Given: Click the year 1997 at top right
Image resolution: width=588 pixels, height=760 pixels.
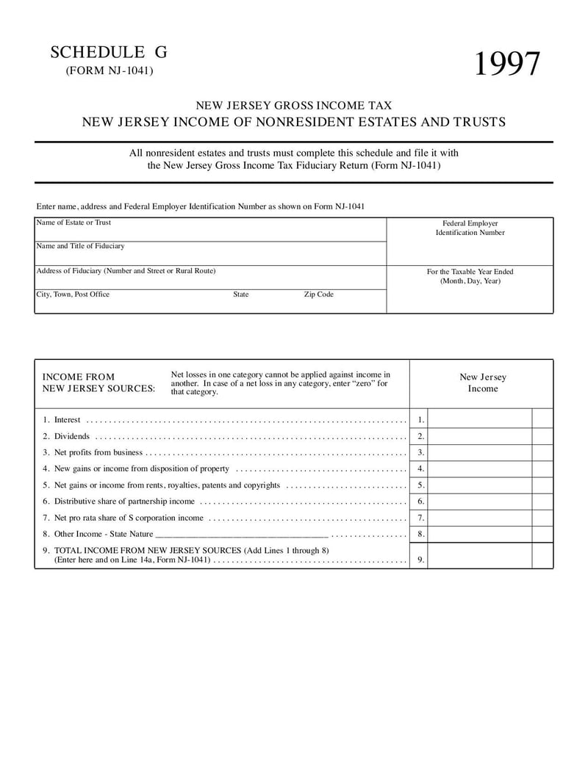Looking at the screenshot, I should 506,65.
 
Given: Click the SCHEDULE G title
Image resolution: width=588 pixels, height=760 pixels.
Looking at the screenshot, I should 109,52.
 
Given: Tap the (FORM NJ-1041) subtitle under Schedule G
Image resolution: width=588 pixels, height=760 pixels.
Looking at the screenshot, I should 110,70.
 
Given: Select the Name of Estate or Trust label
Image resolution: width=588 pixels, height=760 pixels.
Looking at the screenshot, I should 73,222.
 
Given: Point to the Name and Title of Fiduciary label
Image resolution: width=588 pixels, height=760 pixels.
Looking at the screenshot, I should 80,246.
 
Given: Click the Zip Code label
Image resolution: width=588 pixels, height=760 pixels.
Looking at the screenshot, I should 318,294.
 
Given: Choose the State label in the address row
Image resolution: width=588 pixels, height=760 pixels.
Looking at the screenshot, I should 241,294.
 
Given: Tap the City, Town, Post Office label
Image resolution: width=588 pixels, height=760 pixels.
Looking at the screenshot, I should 73,294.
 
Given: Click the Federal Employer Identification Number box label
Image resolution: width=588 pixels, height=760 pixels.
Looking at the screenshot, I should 470,228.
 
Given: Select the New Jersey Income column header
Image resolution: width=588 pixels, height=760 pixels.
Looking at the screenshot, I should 482,383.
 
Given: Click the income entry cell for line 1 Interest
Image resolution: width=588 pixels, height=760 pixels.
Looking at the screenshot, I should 479,420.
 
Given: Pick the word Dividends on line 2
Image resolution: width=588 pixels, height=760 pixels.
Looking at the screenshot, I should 72,436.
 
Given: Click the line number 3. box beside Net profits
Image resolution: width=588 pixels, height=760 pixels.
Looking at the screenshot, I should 420,452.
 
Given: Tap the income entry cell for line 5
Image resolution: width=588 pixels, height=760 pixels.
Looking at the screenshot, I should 479,485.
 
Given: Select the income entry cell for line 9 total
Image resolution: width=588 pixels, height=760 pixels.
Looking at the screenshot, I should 479,557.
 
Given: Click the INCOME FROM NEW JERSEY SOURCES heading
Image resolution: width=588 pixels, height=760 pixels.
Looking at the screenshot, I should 98,383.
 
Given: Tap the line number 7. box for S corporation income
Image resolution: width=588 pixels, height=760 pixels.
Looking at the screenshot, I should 420,518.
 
